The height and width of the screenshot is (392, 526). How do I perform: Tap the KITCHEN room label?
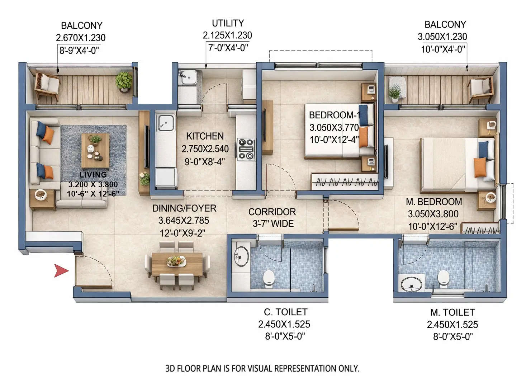coord(205,136)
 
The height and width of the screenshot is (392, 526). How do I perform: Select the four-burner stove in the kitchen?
coord(246,149)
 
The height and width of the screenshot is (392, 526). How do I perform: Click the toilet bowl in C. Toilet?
coord(269,279)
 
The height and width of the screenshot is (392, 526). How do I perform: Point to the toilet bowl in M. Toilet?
coord(444,279)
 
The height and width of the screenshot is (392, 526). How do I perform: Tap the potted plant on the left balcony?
coord(124,81)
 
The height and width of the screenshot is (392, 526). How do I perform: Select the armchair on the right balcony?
coord(479,89)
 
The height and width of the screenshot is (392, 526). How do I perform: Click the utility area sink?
coord(187,76)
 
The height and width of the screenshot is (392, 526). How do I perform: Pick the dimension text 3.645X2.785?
coord(184,221)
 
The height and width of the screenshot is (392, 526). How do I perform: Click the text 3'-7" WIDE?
coord(273,224)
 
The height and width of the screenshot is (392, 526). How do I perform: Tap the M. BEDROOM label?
coord(433,202)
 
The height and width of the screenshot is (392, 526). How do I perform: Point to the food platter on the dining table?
coord(176,261)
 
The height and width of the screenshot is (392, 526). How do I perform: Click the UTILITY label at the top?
coord(228,23)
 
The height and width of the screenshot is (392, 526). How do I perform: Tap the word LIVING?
coord(93,175)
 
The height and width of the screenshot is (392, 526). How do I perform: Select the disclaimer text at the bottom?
coord(262,368)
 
